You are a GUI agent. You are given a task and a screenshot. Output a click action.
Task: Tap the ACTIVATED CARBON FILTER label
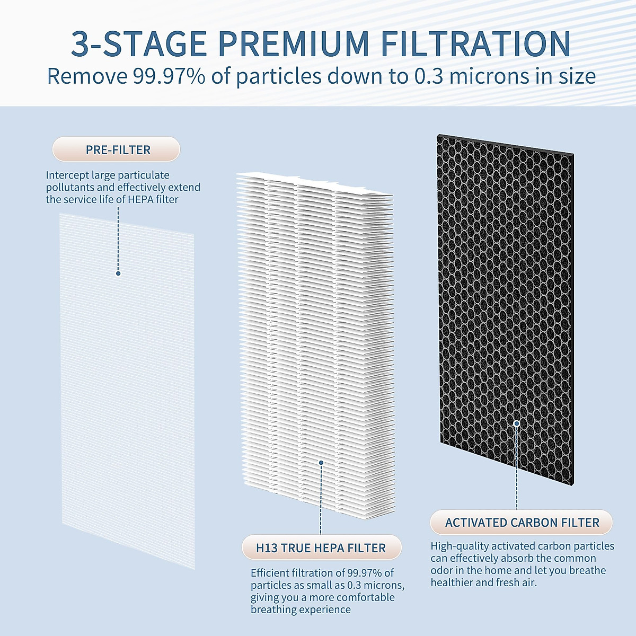pos(522,523)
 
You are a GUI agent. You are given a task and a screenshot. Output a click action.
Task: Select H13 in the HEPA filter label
pos(267,548)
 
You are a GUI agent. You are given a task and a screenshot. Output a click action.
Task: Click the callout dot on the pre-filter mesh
pos(118,273)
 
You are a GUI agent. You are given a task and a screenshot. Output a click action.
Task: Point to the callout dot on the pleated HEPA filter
pos(321,463)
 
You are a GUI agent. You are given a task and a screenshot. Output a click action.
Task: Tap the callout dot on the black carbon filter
pos(517,423)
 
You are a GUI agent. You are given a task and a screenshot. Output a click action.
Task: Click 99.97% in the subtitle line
pos(169,76)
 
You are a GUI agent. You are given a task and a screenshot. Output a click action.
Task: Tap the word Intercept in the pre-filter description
pos(67,175)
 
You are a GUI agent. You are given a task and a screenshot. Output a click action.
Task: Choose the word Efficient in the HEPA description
pos(270,573)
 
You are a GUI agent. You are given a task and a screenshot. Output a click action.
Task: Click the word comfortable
pos(365,597)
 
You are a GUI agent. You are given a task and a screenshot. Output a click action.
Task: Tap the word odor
pos(441,570)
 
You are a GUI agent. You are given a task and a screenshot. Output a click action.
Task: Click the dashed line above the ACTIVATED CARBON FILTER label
pos(517,477)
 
